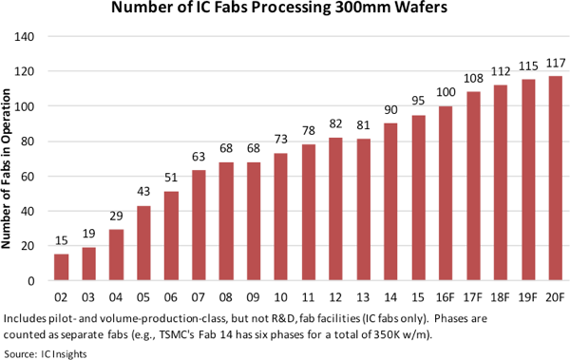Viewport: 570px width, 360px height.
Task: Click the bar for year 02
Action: [x=61, y=268]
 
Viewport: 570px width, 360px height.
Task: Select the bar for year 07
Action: [x=199, y=226]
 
